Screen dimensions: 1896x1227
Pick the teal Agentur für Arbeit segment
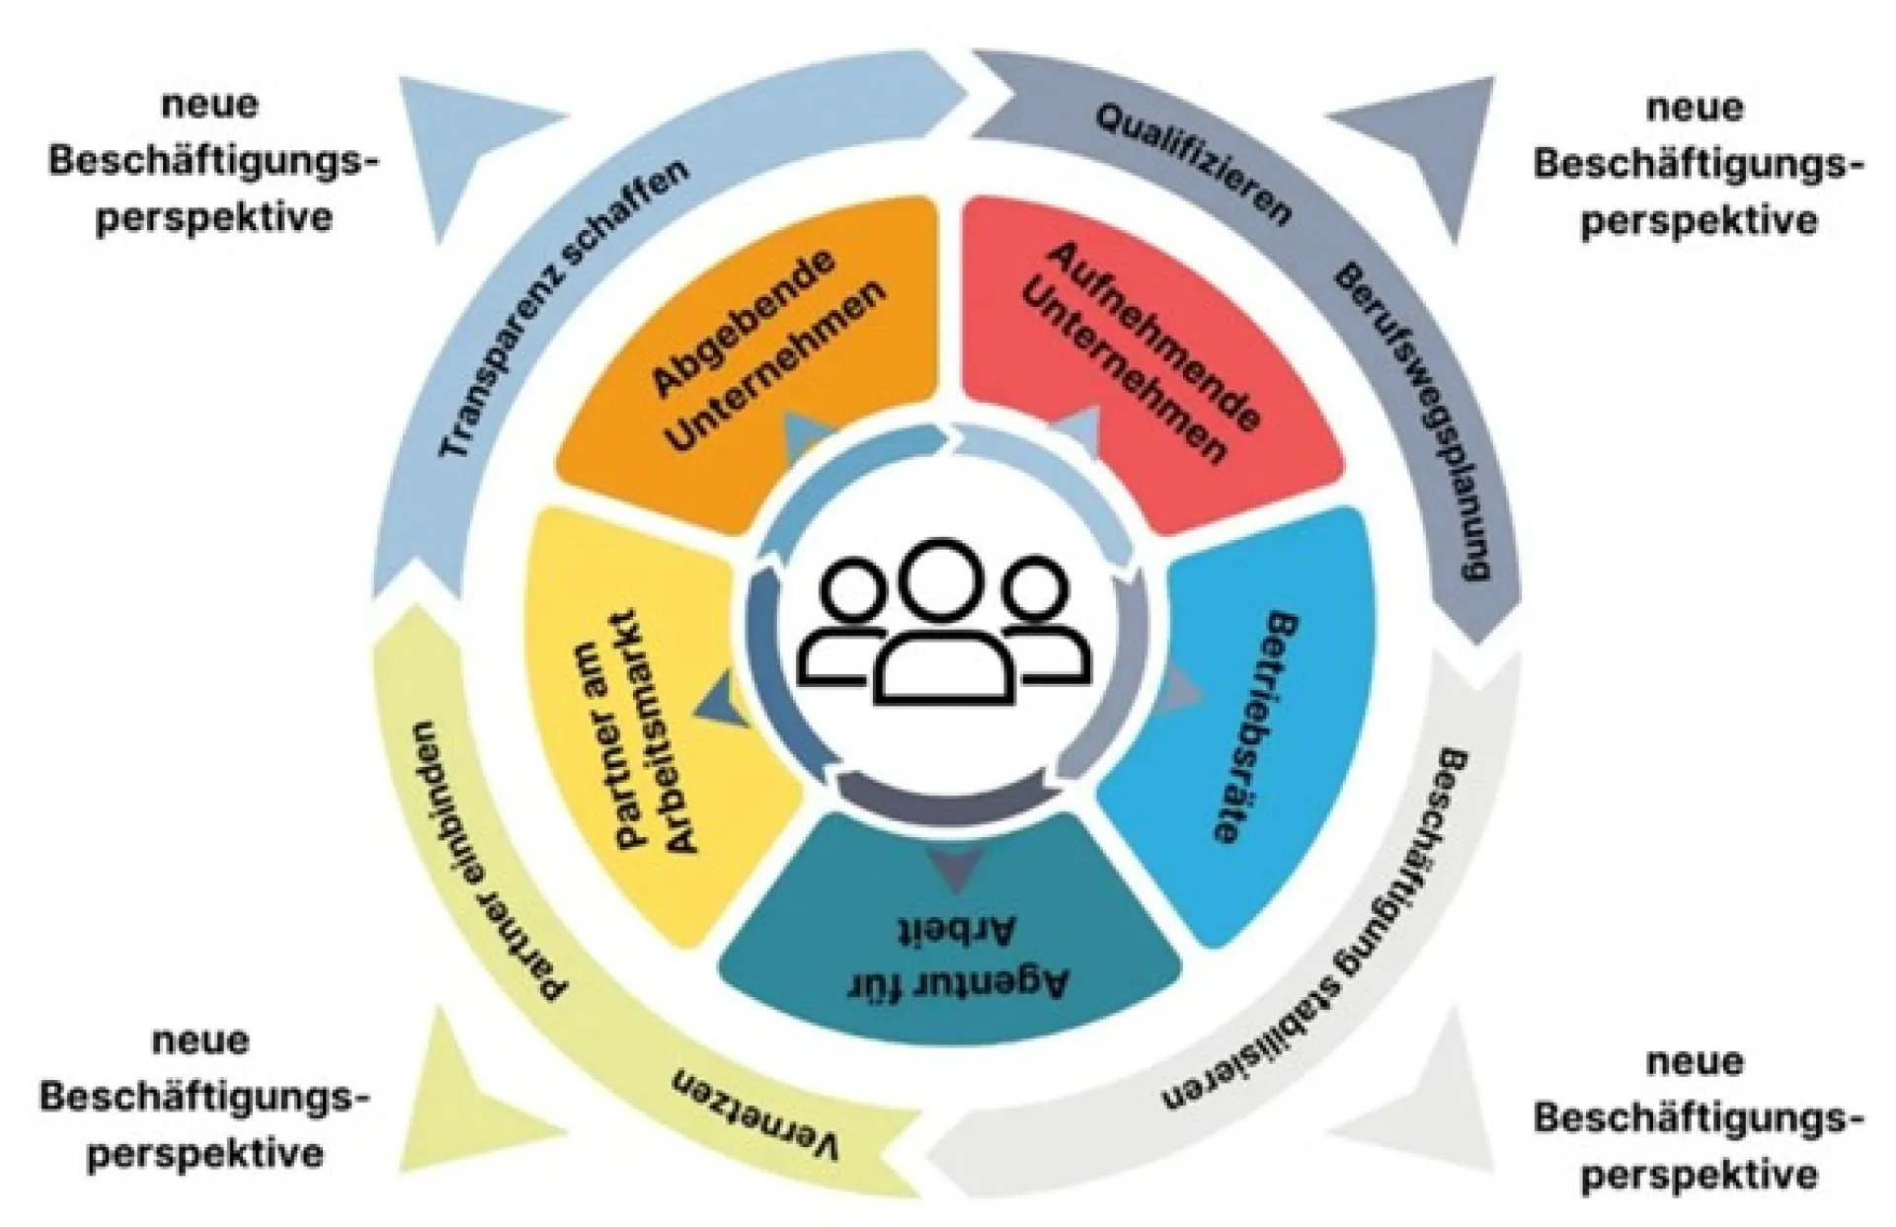948,938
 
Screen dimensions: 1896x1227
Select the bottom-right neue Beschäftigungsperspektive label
1695,1118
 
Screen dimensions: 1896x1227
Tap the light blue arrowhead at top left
474,148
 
